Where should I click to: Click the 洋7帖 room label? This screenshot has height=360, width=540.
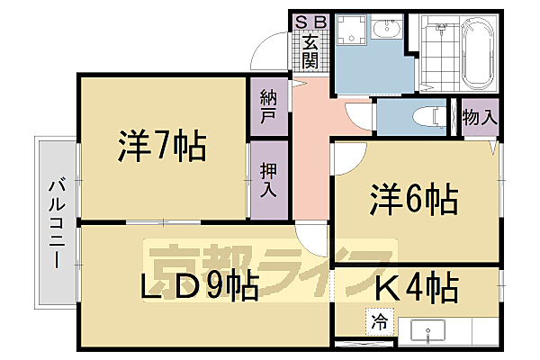coord(161,146)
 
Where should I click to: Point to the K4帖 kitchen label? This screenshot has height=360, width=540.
coord(415,289)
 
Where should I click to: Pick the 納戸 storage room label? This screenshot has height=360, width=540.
coord(268,107)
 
